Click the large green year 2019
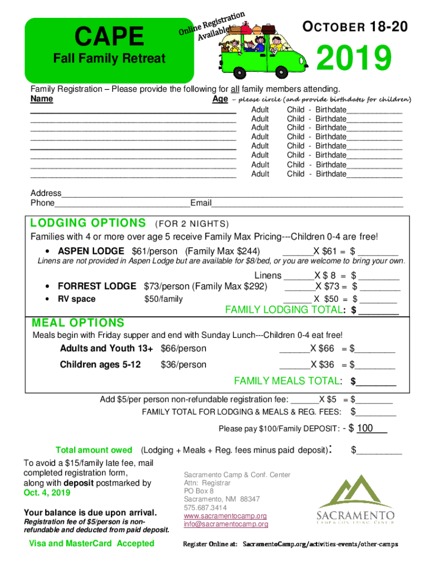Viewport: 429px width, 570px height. tap(353, 60)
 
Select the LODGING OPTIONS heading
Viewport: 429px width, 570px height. tap(88, 223)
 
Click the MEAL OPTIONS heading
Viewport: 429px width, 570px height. tap(78, 323)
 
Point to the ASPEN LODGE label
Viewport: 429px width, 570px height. tap(92, 251)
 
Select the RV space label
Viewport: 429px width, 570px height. tap(77, 299)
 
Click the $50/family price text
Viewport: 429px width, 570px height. tap(163, 299)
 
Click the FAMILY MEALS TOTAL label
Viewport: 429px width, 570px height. tap(286, 381)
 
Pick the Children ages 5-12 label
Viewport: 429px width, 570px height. tap(100, 365)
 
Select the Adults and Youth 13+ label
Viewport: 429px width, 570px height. tap(106, 348)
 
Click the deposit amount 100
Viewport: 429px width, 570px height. tap(365, 428)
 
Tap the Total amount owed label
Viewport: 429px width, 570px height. tap(94, 450)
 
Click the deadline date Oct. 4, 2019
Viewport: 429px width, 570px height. tap(47, 493)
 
